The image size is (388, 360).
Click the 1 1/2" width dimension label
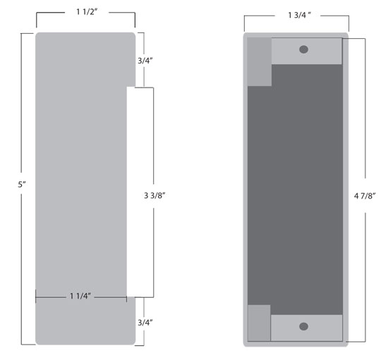tap(87, 11)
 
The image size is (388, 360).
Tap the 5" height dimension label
tap(22, 184)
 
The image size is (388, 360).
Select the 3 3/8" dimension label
tap(154, 196)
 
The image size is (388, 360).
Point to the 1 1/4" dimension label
tap(80, 296)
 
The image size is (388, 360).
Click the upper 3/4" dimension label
tap(145, 61)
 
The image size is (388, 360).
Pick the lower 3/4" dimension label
tap(145, 323)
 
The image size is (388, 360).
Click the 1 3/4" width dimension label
tap(299, 15)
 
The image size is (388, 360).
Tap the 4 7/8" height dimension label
tap(365, 196)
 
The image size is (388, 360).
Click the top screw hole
tap(303, 49)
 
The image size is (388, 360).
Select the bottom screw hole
tap(303, 326)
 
